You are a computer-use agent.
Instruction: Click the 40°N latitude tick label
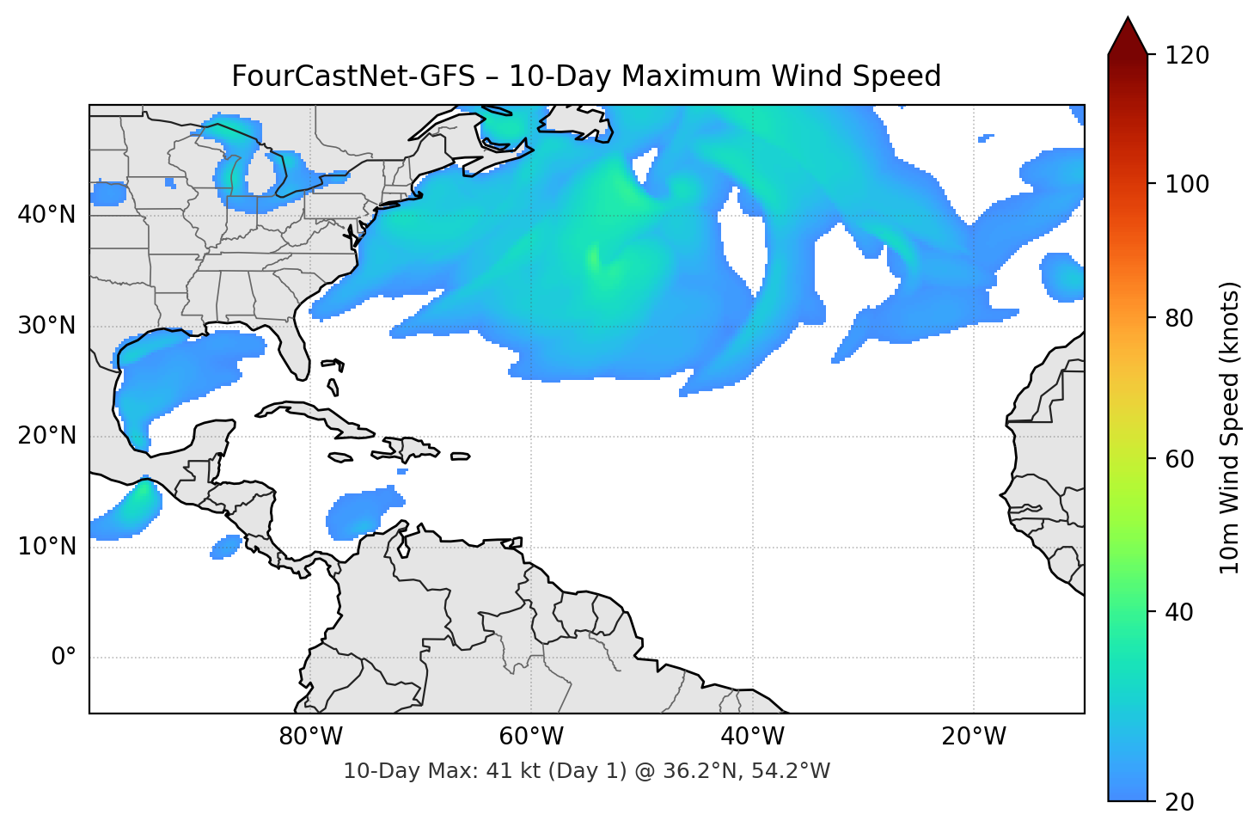[46, 214]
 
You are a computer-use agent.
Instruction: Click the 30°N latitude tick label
[46, 326]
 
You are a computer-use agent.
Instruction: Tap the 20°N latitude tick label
[46, 436]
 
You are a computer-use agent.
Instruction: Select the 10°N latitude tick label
[46, 547]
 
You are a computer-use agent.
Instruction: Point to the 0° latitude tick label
[64, 658]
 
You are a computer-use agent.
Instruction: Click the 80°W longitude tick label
[310, 737]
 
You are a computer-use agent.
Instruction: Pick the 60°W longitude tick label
[531, 737]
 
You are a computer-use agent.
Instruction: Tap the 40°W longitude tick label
[752, 737]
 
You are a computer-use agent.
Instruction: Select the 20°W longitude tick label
[974, 737]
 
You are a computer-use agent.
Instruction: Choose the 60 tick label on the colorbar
[1179, 459]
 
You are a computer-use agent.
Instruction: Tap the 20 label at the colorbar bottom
[1179, 802]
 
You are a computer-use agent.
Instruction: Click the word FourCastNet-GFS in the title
[352, 77]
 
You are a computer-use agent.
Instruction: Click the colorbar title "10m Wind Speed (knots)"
[1230, 427]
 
